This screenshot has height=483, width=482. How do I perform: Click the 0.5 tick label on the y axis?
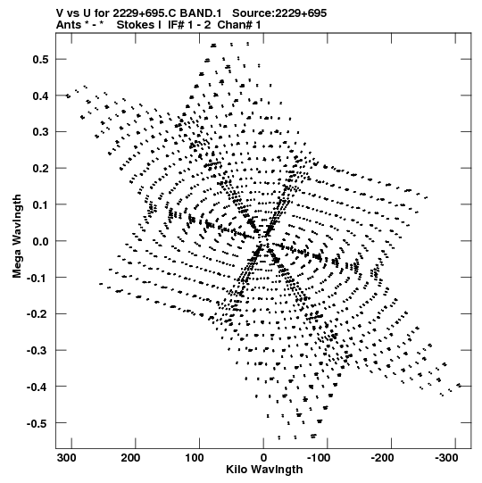point(40,59)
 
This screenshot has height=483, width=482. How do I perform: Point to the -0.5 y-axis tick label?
point(37,423)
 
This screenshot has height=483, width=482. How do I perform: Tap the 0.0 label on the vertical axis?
point(40,241)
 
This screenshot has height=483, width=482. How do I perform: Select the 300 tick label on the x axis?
point(67,458)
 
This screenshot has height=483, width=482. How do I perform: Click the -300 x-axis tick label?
point(446,458)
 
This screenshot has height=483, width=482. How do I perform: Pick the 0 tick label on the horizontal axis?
point(263,458)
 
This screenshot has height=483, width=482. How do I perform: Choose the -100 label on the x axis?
point(319,458)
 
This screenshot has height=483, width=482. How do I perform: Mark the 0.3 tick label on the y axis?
point(40,132)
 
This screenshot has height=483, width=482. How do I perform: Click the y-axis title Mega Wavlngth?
point(17,237)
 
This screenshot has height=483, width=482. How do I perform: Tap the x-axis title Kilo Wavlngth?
point(264,470)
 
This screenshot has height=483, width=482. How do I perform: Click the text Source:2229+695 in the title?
point(279,13)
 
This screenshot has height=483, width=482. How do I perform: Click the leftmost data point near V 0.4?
point(68,96)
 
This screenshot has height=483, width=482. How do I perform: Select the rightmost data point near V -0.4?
point(459,385)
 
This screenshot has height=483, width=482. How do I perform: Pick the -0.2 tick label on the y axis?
point(37,314)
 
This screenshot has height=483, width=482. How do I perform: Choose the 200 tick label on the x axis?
point(130,458)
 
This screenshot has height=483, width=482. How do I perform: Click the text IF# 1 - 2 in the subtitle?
point(189,25)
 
